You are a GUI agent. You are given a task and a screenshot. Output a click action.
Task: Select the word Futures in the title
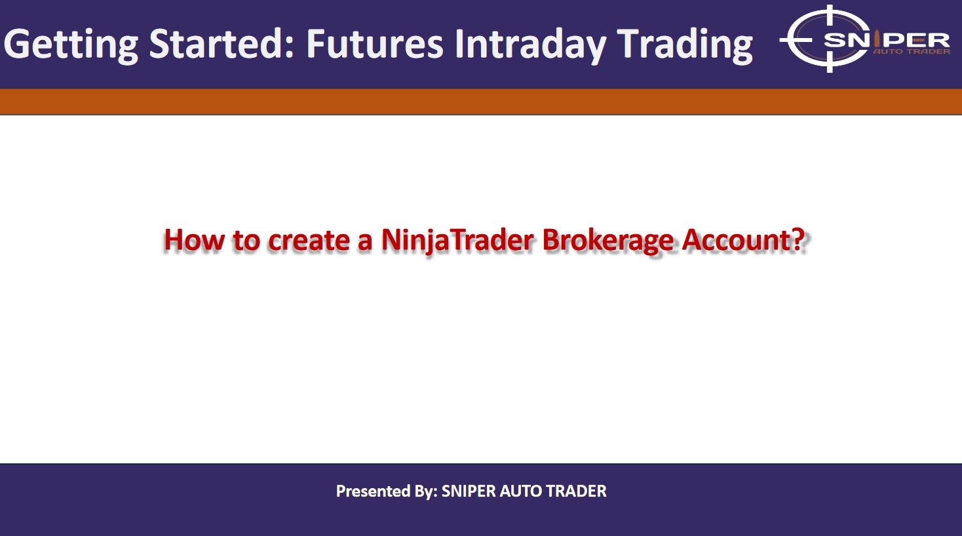374,43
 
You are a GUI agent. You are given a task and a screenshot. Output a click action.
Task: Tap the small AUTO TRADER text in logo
912,52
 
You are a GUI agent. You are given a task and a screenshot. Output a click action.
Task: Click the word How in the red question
194,239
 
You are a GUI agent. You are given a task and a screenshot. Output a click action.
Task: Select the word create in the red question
309,240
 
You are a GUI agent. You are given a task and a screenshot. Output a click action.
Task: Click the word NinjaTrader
457,240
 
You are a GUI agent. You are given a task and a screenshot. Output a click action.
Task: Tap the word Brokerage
607,241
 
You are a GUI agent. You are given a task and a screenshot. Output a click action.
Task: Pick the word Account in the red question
737,239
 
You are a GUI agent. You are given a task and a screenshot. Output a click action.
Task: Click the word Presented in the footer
373,491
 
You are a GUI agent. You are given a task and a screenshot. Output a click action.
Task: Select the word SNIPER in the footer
469,491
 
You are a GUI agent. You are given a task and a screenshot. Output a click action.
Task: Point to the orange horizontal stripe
481,102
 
